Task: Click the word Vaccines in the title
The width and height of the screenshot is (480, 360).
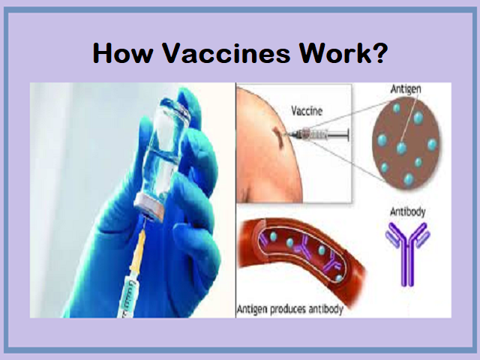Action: tap(226, 53)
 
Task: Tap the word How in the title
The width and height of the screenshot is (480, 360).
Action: tap(122, 53)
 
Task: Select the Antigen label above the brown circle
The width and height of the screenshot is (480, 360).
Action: tap(406, 88)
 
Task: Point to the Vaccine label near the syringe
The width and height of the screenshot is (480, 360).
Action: tap(307, 110)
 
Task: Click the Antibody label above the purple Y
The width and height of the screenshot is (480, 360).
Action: tap(408, 211)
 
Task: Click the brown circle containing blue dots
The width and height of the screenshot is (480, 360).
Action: tap(406, 144)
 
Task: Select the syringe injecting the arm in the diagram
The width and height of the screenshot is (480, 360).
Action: tap(316, 134)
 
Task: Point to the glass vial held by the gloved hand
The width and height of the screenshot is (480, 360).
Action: tap(163, 158)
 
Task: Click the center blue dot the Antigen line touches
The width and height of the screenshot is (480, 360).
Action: tap(401, 148)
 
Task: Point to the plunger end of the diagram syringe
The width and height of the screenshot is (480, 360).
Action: tap(348, 134)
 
